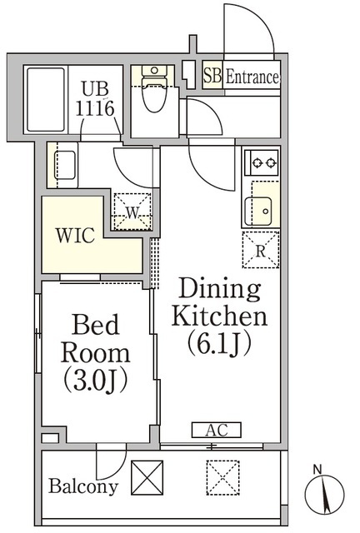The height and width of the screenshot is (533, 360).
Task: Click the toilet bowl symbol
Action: point(154,89)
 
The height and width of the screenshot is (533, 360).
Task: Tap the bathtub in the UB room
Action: point(46,99)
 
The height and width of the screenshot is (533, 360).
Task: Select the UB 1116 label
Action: point(95,99)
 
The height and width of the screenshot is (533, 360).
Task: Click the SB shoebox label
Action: point(212,75)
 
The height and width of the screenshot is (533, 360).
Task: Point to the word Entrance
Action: point(252,77)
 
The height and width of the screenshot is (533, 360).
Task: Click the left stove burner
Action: point(257,163)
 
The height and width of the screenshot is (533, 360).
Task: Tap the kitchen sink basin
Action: point(258,211)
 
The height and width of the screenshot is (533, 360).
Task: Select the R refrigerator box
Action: point(260,250)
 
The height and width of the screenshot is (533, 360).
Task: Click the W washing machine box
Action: point(132,212)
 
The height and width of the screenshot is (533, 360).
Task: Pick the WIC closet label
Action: point(75,235)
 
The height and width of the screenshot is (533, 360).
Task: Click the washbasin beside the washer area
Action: point(65,165)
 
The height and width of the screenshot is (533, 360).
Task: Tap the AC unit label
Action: point(217,430)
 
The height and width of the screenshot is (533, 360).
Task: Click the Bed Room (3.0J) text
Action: point(96,353)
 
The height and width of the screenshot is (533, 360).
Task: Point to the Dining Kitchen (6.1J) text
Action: point(219,317)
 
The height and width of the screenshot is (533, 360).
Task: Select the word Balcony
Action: point(83,486)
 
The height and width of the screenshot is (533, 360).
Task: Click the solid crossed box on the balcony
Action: point(147,477)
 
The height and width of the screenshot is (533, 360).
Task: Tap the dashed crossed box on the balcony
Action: point(222,477)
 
